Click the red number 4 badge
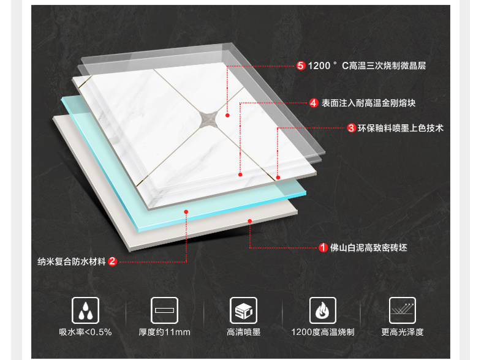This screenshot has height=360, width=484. pyautogui.click(x=314, y=103)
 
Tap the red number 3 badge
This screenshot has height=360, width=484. pyautogui.click(x=351, y=128)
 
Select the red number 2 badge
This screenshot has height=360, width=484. pyautogui.click(x=113, y=261)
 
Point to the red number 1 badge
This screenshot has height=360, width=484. pyautogui.click(x=323, y=248)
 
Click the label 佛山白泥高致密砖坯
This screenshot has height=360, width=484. pyautogui.click(x=369, y=248)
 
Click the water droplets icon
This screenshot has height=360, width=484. pyautogui.click(x=85, y=310)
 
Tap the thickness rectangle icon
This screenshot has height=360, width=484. pyautogui.click(x=164, y=310)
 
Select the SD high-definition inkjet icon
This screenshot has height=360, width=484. pyautogui.click(x=243, y=310)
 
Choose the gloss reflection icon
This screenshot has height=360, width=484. pyautogui.click(x=402, y=310)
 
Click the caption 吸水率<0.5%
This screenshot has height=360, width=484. pyautogui.click(x=85, y=332)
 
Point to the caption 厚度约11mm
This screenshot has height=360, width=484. pyautogui.click(x=164, y=332)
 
